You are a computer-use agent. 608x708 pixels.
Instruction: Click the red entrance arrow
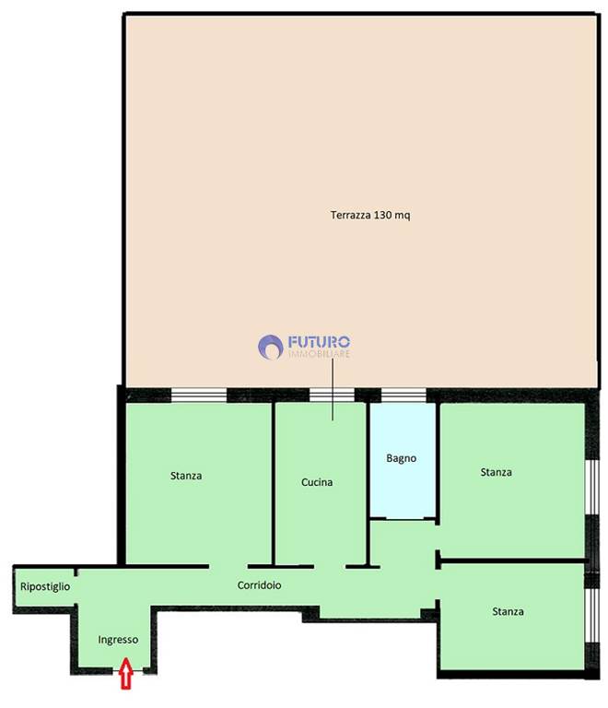(x=126, y=673)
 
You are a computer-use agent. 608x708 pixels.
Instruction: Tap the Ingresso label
(x=118, y=641)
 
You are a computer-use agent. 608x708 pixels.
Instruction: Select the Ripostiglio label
(x=45, y=587)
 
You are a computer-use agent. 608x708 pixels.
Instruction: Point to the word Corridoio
(x=260, y=585)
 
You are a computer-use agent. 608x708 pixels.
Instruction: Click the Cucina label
(x=317, y=482)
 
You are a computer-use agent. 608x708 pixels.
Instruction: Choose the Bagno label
(x=401, y=459)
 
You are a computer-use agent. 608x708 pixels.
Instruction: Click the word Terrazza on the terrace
(x=351, y=215)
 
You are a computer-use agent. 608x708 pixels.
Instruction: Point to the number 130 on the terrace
(x=383, y=215)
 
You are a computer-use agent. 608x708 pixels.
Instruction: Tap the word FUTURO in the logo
(x=319, y=341)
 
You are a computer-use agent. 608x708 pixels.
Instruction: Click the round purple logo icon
(x=271, y=347)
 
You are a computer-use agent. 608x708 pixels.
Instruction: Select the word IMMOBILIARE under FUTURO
(x=319, y=354)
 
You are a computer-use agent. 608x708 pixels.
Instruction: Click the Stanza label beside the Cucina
(x=186, y=476)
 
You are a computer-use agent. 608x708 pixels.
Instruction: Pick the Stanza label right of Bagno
(x=497, y=472)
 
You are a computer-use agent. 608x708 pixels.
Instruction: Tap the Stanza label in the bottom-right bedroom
(x=508, y=612)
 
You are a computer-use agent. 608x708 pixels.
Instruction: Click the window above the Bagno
(x=403, y=395)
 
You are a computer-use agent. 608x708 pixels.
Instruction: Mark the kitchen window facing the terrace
(x=332, y=395)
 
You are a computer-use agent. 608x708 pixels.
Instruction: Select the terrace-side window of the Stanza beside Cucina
(x=199, y=395)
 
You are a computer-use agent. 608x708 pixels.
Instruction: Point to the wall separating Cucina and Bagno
(x=368, y=483)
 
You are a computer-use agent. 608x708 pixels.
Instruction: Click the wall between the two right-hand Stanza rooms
(x=513, y=560)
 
